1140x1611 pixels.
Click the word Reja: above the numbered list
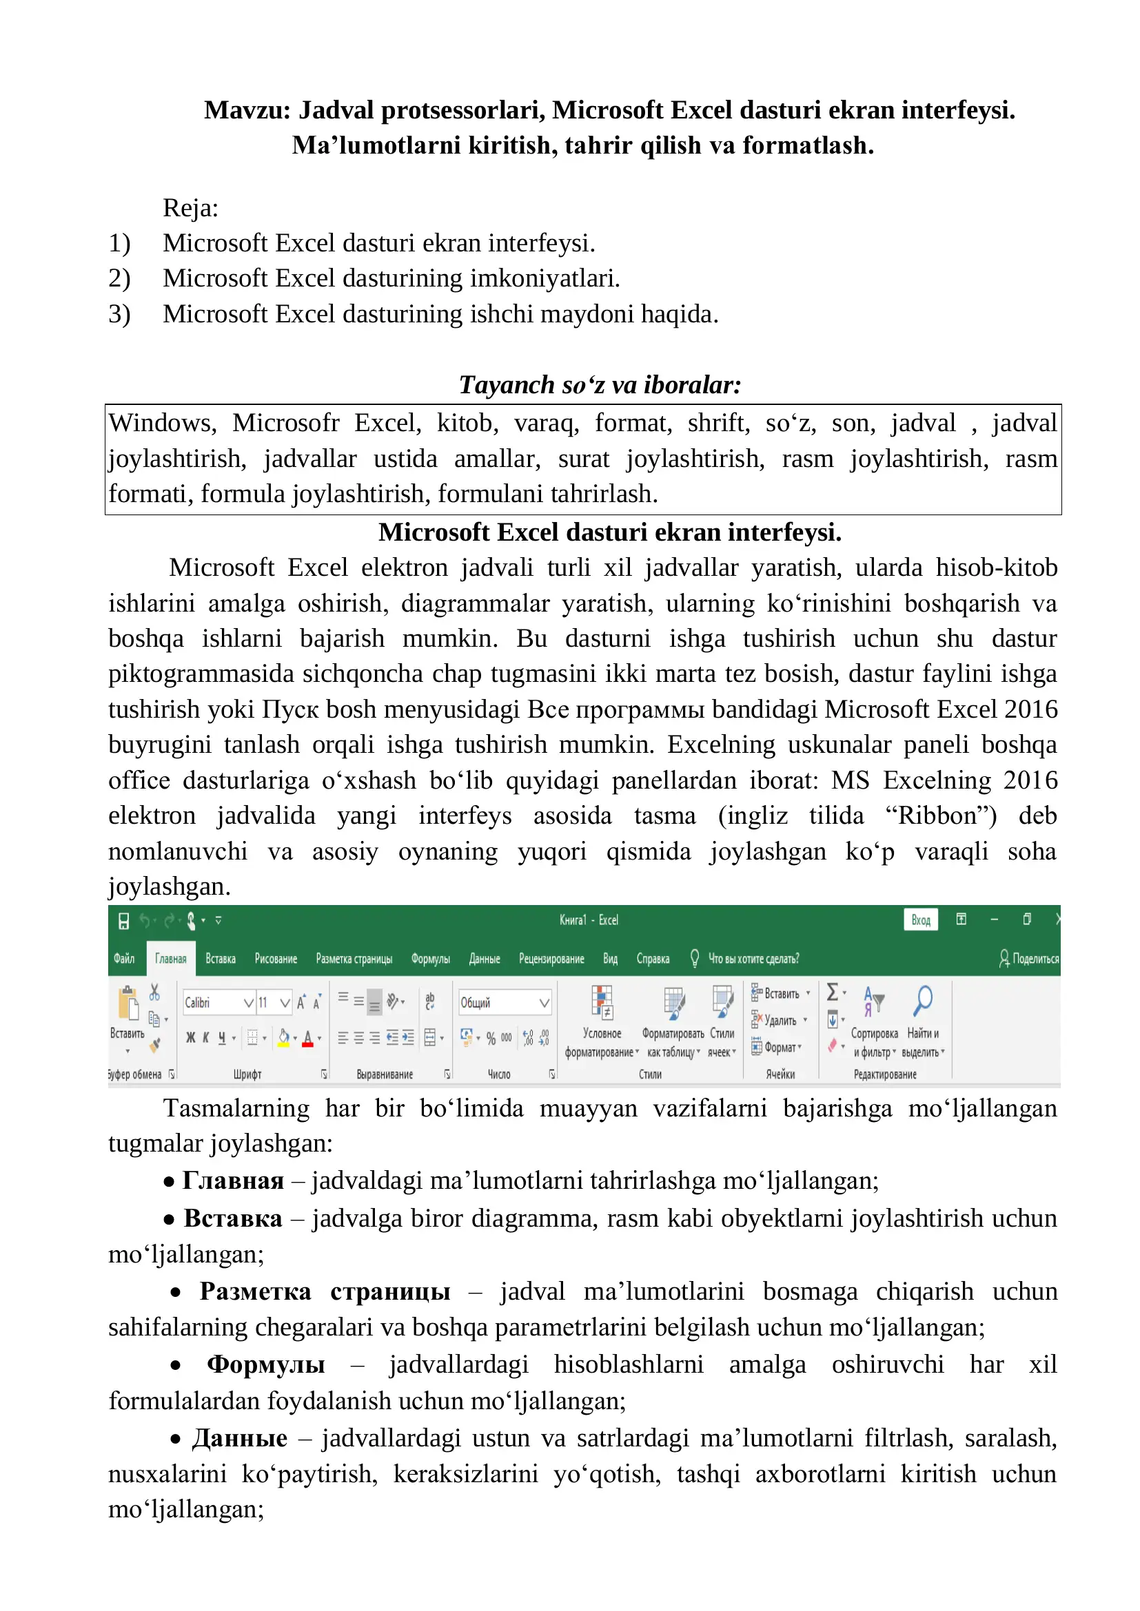pos(190,209)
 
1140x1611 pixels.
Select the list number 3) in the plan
pos(119,313)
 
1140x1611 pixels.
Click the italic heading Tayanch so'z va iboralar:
pos(600,384)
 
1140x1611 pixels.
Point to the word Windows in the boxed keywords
pos(161,423)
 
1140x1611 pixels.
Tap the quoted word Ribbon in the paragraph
pos(940,815)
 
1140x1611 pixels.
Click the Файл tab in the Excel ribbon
pos(123,959)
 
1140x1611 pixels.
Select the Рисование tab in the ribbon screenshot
pos(275,959)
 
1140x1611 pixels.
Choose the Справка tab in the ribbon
pos(652,959)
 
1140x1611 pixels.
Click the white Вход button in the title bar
pos(920,920)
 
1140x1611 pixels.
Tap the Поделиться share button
pos(1029,959)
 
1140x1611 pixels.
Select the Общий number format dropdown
pos(504,1003)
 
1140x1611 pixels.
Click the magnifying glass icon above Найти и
pos(922,1001)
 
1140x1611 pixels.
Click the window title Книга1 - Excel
pos(588,920)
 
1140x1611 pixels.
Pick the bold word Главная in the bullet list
pos(233,1181)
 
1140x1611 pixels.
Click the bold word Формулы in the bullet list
pos(265,1364)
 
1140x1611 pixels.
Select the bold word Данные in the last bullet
pos(239,1438)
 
